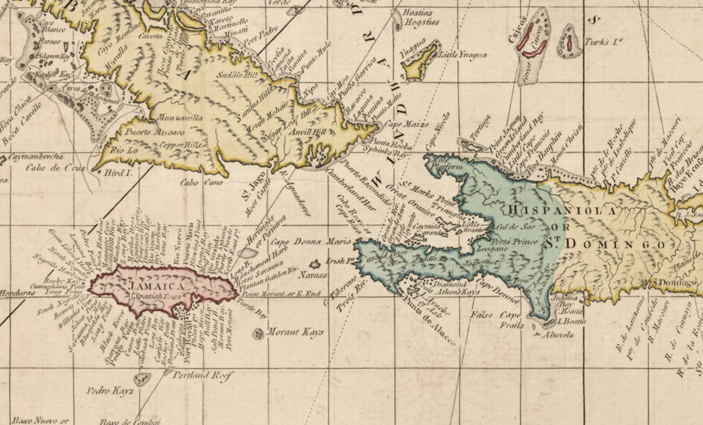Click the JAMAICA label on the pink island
157,286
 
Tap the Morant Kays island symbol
258,333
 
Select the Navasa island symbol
315,265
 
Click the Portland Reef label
202,375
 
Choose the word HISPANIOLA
562,211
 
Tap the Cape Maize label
406,124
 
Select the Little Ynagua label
462,55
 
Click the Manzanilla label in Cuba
180,118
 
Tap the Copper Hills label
180,145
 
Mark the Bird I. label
118,173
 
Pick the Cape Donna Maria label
311,242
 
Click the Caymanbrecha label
35,157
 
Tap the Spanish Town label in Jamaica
156,297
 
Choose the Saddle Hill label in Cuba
237,75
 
